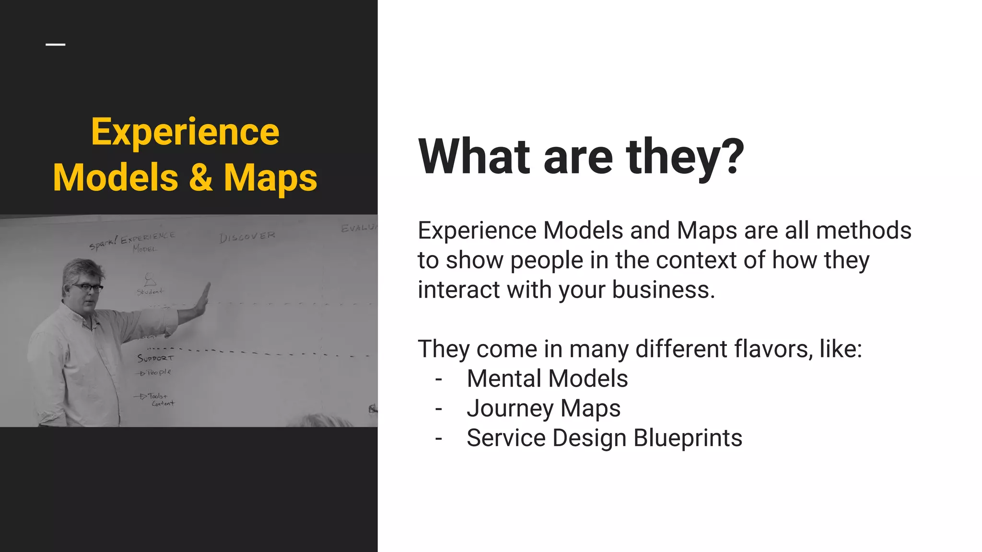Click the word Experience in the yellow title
tap(185, 132)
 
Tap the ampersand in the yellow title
tap(200, 177)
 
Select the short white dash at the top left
tap(56, 45)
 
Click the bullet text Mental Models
tap(547, 379)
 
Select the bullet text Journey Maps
tap(543, 408)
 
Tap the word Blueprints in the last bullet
tap(688, 438)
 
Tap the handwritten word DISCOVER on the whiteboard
tap(247, 237)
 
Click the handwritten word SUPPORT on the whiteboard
tap(155, 358)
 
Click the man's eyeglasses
tap(88, 287)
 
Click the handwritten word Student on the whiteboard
tap(150, 291)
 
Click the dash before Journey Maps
tap(438, 409)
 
